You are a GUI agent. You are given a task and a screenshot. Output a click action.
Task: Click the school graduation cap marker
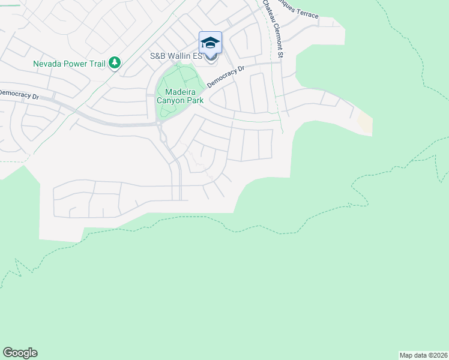[210, 43]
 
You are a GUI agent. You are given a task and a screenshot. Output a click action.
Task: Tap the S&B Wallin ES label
[175, 56]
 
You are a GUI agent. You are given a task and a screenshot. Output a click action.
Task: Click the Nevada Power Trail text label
[69, 63]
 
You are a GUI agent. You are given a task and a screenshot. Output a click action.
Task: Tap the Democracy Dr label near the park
[226, 77]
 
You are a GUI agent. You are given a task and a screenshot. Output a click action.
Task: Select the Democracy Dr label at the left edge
[19, 94]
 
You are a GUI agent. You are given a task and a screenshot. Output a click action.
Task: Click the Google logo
[20, 353]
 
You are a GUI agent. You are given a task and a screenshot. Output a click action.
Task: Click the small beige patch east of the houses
[364, 124]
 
